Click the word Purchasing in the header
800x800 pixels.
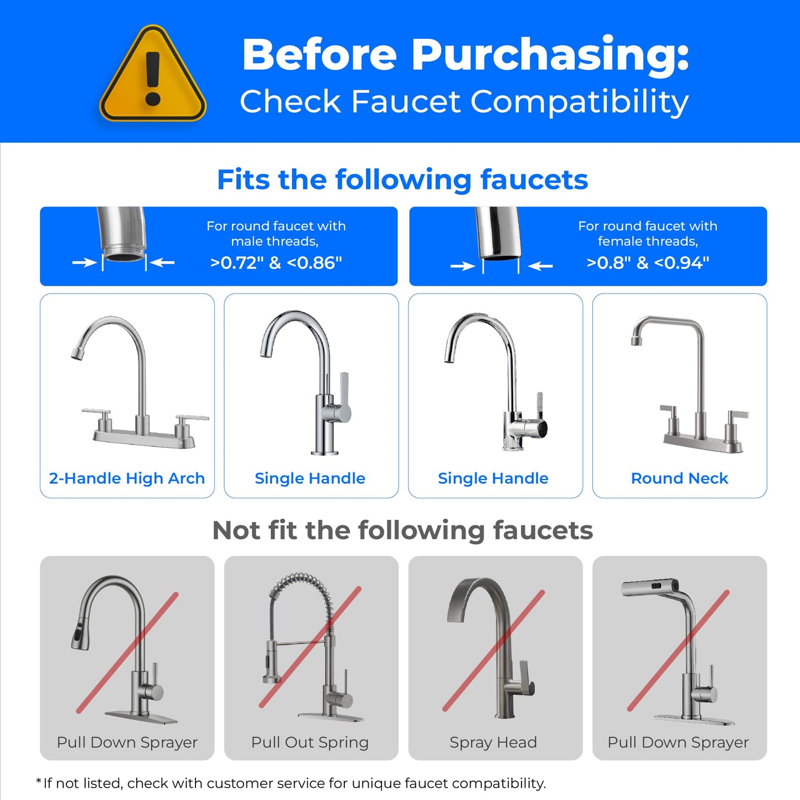point(550,55)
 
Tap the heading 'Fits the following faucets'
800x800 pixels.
point(402,179)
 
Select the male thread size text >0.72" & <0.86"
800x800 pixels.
point(276,262)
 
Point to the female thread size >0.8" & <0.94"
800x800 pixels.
point(648,262)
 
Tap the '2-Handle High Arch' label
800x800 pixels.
point(127,478)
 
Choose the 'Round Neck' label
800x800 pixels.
point(679,478)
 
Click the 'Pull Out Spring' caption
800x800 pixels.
point(310,742)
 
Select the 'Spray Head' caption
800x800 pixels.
point(493,742)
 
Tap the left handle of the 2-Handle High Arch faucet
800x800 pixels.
point(97,412)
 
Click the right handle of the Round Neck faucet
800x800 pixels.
point(736,415)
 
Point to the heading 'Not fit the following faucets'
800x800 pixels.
point(402,530)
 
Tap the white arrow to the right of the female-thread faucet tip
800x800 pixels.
point(540,266)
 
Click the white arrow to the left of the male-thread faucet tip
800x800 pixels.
point(85,262)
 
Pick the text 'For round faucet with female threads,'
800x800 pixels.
point(648,234)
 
